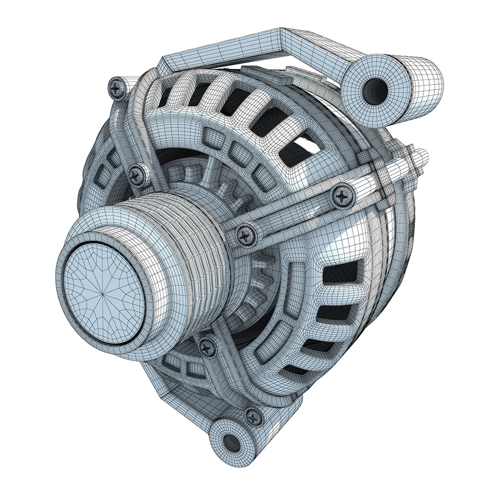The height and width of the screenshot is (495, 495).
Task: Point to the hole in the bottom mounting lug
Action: pyautogui.click(x=233, y=443)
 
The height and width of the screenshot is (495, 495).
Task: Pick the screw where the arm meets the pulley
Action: pyautogui.click(x=244, y=234)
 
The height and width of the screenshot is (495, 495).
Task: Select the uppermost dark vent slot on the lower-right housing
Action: pyautogui.click(x=341, y=275)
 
